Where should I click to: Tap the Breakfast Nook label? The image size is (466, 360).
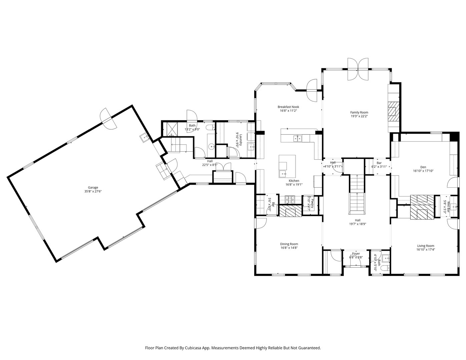point(288,107)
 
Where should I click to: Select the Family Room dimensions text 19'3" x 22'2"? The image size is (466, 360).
point(359,117)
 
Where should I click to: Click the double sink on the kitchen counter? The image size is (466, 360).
point(297,138)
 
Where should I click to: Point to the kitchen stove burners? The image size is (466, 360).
point(290,200)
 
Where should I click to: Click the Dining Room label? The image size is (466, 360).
point(289,244)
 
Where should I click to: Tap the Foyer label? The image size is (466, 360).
point(356,253)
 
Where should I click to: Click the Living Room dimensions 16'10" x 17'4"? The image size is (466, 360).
point(425,250)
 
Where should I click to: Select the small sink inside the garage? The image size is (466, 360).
point(144,137)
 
